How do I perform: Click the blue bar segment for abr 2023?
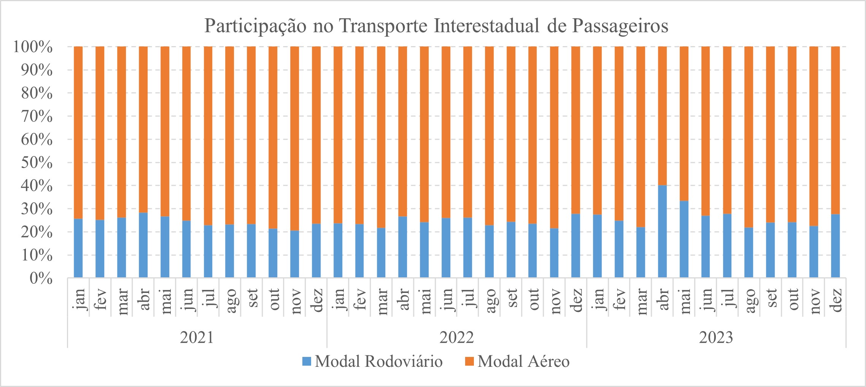(x=662, y=231)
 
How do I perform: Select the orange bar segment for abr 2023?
(x=662, y=116)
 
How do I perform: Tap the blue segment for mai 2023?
(x=684, y=239)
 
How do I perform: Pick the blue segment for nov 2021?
(x=294, y=254)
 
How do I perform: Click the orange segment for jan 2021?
(x=78, y=133)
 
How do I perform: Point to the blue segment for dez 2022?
(x=576, y=246)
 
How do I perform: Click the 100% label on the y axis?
(x=33, y=47)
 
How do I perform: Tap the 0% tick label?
(x=41, y=278)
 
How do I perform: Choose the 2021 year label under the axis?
(x=197, y=337)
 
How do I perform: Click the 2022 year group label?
(x=456, y=337)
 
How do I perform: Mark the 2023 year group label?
(x=716, y=337)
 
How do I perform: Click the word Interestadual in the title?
(x=486, y=26)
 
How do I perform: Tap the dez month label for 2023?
(x=836, y=300)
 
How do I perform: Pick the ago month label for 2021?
(x=230, y=300)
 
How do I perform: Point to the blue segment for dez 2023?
(x=835, y=246)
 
